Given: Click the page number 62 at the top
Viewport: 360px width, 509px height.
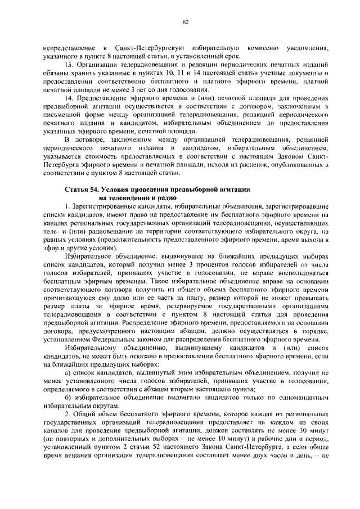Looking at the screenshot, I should point(185,22).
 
